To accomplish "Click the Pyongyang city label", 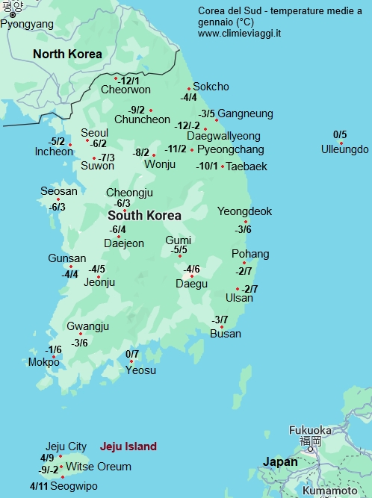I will click(27, 24).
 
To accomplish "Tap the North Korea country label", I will click(67, 54).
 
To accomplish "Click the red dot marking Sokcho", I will click(189, 88).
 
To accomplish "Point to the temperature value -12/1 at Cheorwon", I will click(129, 81).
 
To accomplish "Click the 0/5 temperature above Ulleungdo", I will click(340, 135).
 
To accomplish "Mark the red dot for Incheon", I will click(70, 144).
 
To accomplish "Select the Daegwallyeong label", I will click(223, 136).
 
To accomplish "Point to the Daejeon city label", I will click(124, 243).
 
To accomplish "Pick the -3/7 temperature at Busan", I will click(220, 320).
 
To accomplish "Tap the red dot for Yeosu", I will click(131, 362).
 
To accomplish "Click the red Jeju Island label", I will click(128, 446).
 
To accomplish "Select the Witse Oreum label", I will click(99, 467).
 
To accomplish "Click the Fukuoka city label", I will click(309, 430).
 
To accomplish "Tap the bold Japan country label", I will click(279, 462).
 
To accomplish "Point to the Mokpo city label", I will click(43, 363).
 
